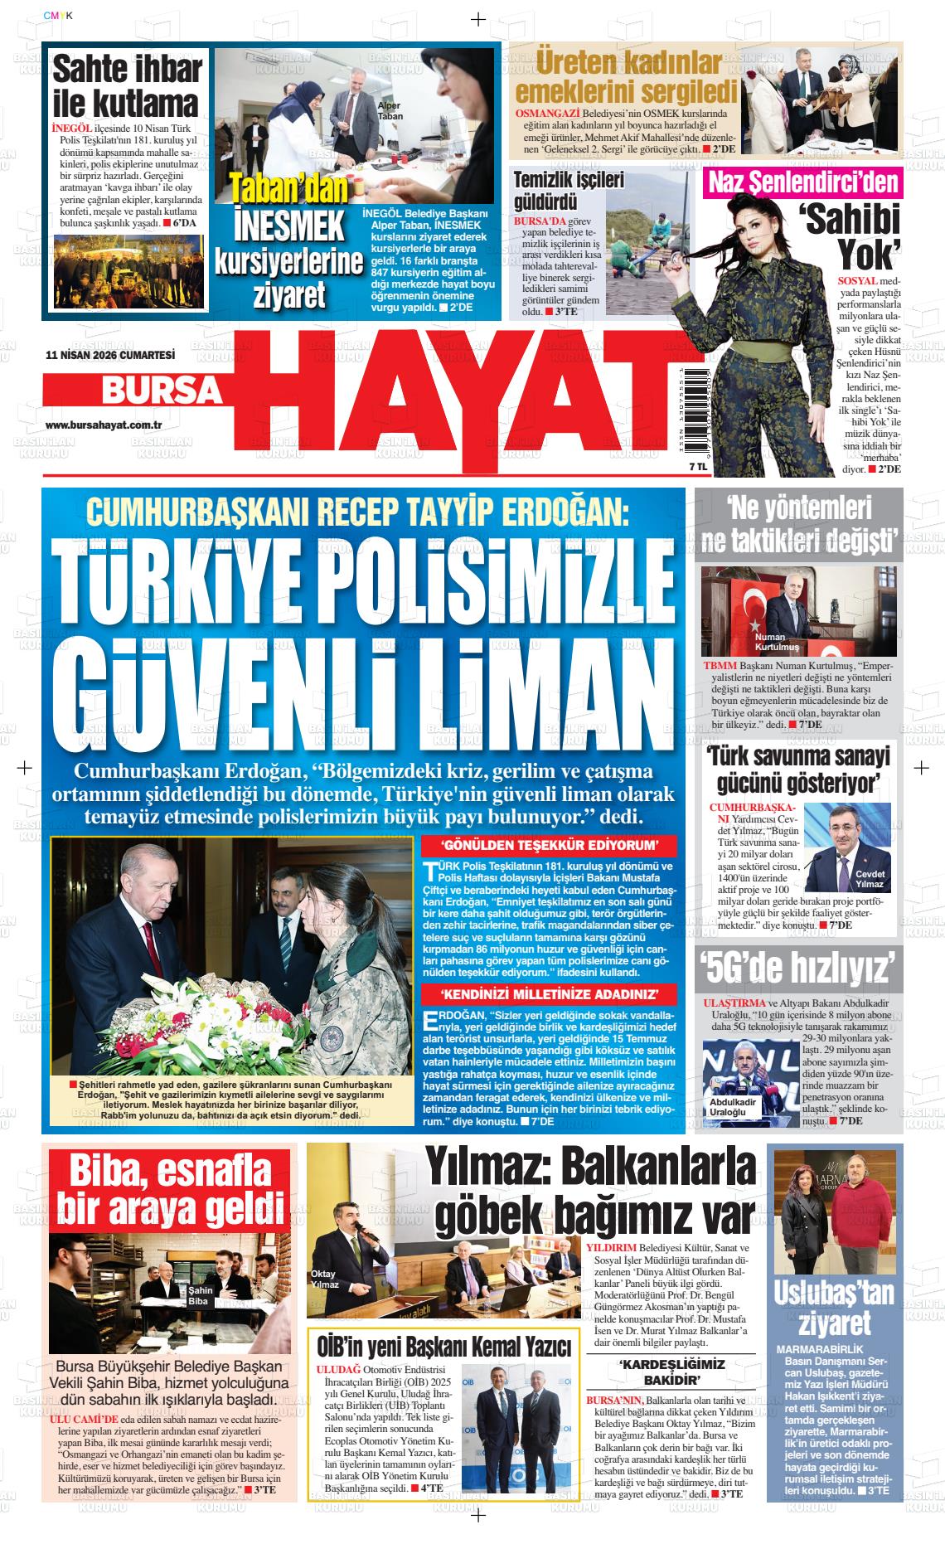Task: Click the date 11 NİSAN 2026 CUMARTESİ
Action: click(x=110, y=354)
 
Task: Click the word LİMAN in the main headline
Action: click(x=507, y=683)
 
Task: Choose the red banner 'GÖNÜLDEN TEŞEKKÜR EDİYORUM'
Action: click(x=550, y=846)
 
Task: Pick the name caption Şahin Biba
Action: click(x=201, y=1296)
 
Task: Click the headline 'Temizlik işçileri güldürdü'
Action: click(x=556, y=190)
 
